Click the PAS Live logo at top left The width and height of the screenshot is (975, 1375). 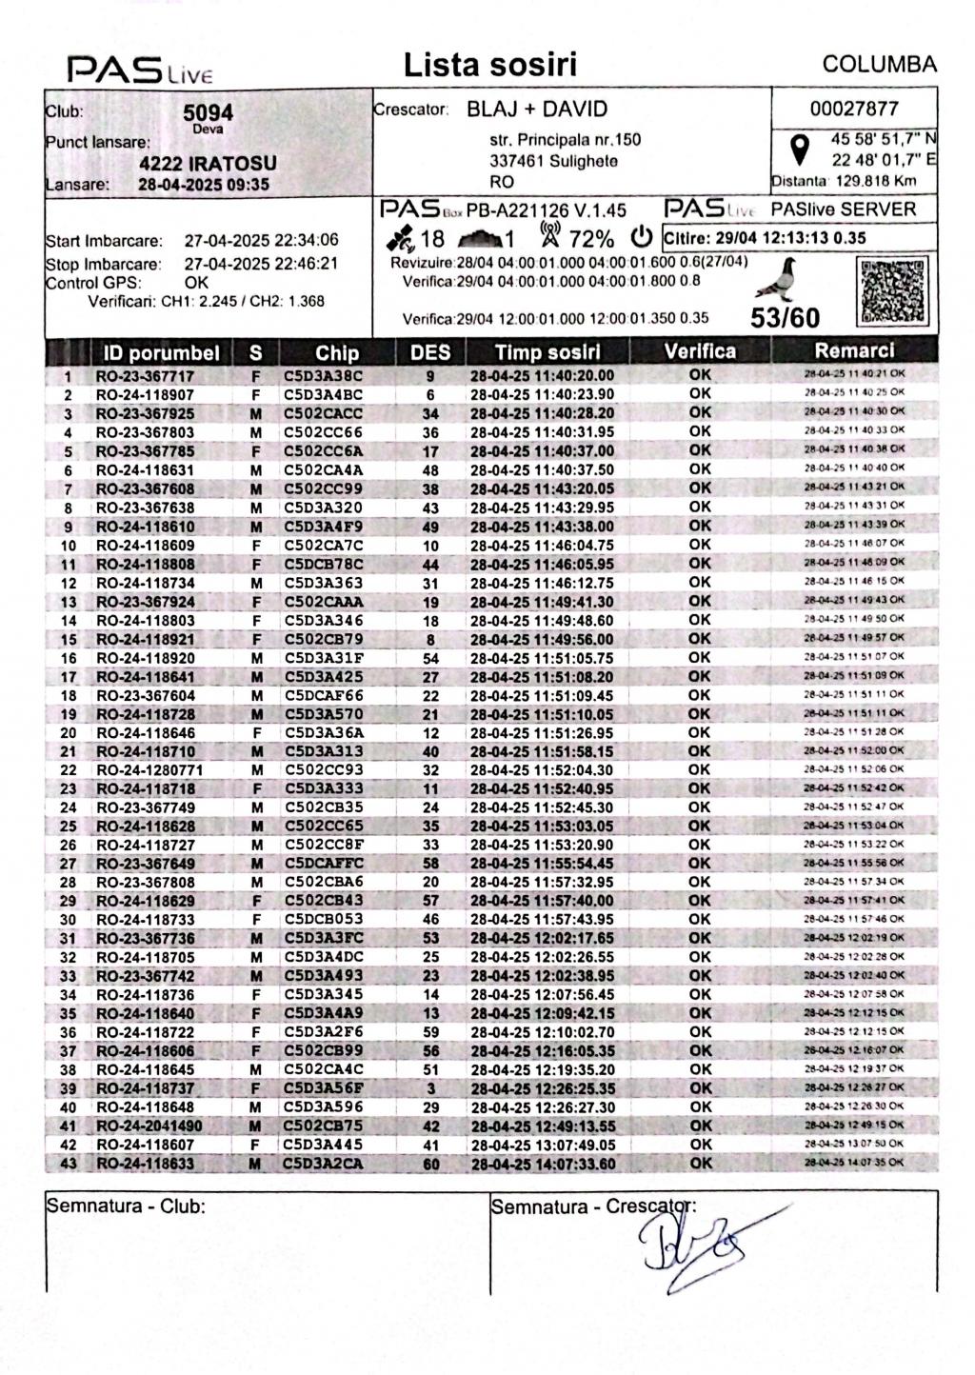click(140, 69)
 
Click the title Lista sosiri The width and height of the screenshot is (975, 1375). click(490, 65)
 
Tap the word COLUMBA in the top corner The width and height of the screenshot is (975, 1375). click(879, 65)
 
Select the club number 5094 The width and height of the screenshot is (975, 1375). click(208, 113)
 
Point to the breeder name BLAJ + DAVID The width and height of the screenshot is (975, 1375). click(536, 110)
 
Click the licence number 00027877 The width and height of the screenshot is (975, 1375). click(854, 109)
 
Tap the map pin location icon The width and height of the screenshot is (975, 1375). click(801, 149)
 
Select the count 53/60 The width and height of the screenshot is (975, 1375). click(785, 318)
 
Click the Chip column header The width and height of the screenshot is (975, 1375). click(337, 353)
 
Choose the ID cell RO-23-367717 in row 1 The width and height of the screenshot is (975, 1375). click(145, 376)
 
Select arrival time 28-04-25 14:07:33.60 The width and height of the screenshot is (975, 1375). click(543, 1164)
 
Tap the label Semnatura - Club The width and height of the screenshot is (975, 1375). click(126, 1206)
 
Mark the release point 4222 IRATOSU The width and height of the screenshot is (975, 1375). click(208, 163)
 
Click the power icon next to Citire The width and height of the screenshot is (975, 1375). click(644, 236)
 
